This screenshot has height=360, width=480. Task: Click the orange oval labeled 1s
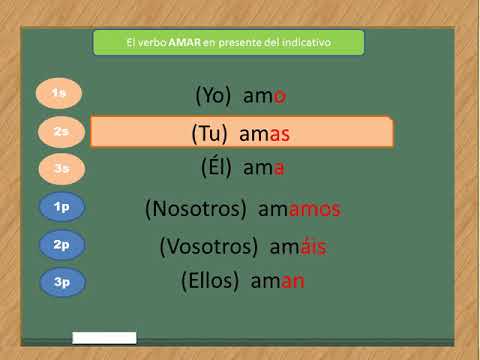coord(59,94)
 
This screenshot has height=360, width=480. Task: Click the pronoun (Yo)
coord(213,96)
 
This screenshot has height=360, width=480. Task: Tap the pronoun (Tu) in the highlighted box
coord(210,133)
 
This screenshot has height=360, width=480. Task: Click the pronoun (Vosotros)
coord(205,246)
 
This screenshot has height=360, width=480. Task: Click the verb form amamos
coord(299,210)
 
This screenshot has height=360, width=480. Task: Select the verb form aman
coord(280,281)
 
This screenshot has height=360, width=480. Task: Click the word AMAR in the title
coord(184,43)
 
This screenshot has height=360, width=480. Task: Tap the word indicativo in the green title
coord(306,43)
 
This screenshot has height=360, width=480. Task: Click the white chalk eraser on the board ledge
coord(104,338)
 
